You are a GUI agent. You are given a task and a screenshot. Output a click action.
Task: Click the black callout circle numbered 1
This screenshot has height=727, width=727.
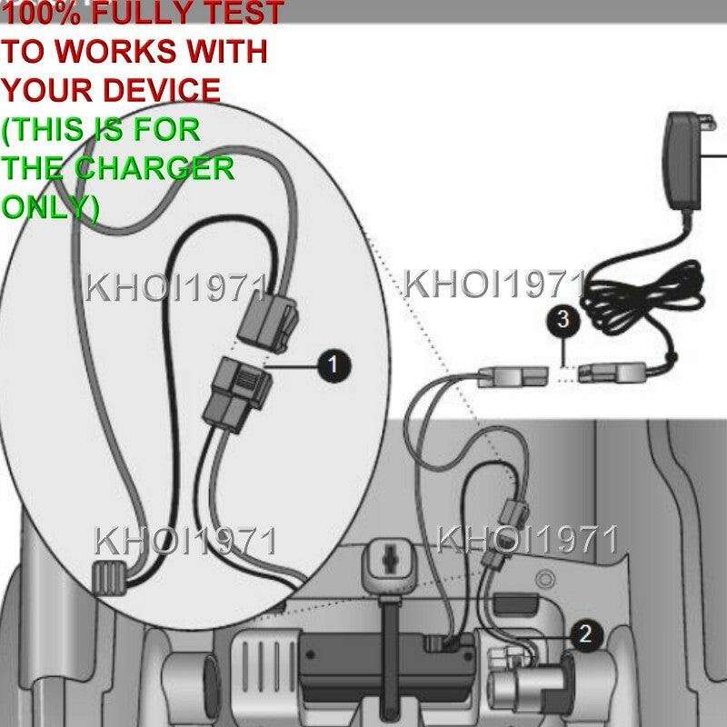click(x=334, y=366)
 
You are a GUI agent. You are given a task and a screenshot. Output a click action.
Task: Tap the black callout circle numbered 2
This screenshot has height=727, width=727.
click(x=586, y=635)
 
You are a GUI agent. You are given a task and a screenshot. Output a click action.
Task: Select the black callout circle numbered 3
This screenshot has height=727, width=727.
click(x=563, y=320)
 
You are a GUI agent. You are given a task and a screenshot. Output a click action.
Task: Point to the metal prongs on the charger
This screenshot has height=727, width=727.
click(x=708, y=123)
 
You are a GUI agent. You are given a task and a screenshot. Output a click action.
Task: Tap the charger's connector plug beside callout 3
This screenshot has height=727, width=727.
click(x=612, y=373)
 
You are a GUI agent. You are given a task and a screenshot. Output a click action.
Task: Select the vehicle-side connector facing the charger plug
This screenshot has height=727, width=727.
click(x=513, y=376)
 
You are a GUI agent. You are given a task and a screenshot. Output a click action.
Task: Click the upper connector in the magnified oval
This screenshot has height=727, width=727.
click(x=267, y=321)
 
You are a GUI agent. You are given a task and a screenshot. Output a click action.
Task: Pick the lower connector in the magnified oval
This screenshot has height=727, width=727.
click(x=237, y=394)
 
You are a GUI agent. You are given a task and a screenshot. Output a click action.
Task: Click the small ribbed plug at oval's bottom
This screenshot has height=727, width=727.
click(x=109, y=577)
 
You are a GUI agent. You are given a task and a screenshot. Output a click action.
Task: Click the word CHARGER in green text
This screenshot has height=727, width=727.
click(x=154, y=168)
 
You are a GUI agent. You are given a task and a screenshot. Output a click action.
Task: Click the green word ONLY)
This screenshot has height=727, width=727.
click(x=50, y=207)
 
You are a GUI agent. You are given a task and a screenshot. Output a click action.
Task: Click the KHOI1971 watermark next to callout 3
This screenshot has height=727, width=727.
click(x=494, y=284)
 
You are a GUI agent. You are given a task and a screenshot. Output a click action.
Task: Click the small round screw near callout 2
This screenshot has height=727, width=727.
click(x=545, y=579)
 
